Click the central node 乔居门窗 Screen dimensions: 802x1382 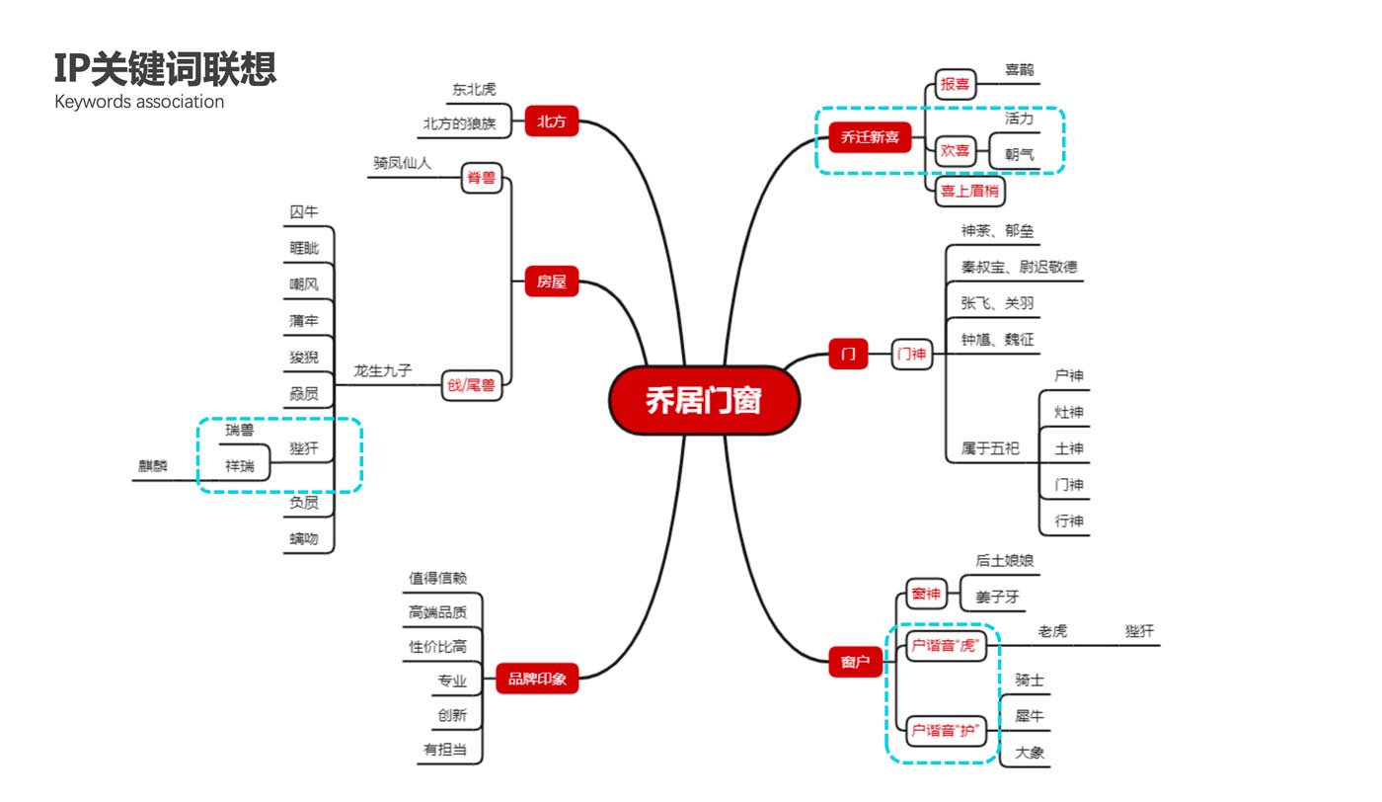click(704, 401)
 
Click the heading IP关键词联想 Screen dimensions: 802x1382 click(165, 69)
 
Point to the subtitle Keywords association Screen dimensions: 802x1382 click(139, 102)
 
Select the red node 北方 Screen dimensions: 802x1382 click(551, 122)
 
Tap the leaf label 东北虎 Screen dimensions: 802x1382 click(474, 89)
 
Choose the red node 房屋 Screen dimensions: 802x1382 click(551, 282)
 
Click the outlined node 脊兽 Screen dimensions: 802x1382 click(482, 180)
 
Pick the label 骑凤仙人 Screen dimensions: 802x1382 click(402, 163)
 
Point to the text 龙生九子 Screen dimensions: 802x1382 click(383, 371)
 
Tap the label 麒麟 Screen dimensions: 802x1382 click(153, 466)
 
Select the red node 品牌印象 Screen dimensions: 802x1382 click(537, 679)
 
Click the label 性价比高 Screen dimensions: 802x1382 click(437, 646)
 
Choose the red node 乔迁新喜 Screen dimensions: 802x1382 click(870, 136)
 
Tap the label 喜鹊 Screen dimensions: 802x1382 click(1020, 70)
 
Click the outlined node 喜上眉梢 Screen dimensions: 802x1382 click(970, 191)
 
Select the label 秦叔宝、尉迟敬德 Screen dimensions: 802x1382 click(1026, 267)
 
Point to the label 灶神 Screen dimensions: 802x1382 click(1069, 412)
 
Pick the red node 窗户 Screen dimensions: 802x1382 click(855, 662)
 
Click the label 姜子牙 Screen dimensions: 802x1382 click(997, 597)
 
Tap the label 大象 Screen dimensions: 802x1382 click(1030, 753)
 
